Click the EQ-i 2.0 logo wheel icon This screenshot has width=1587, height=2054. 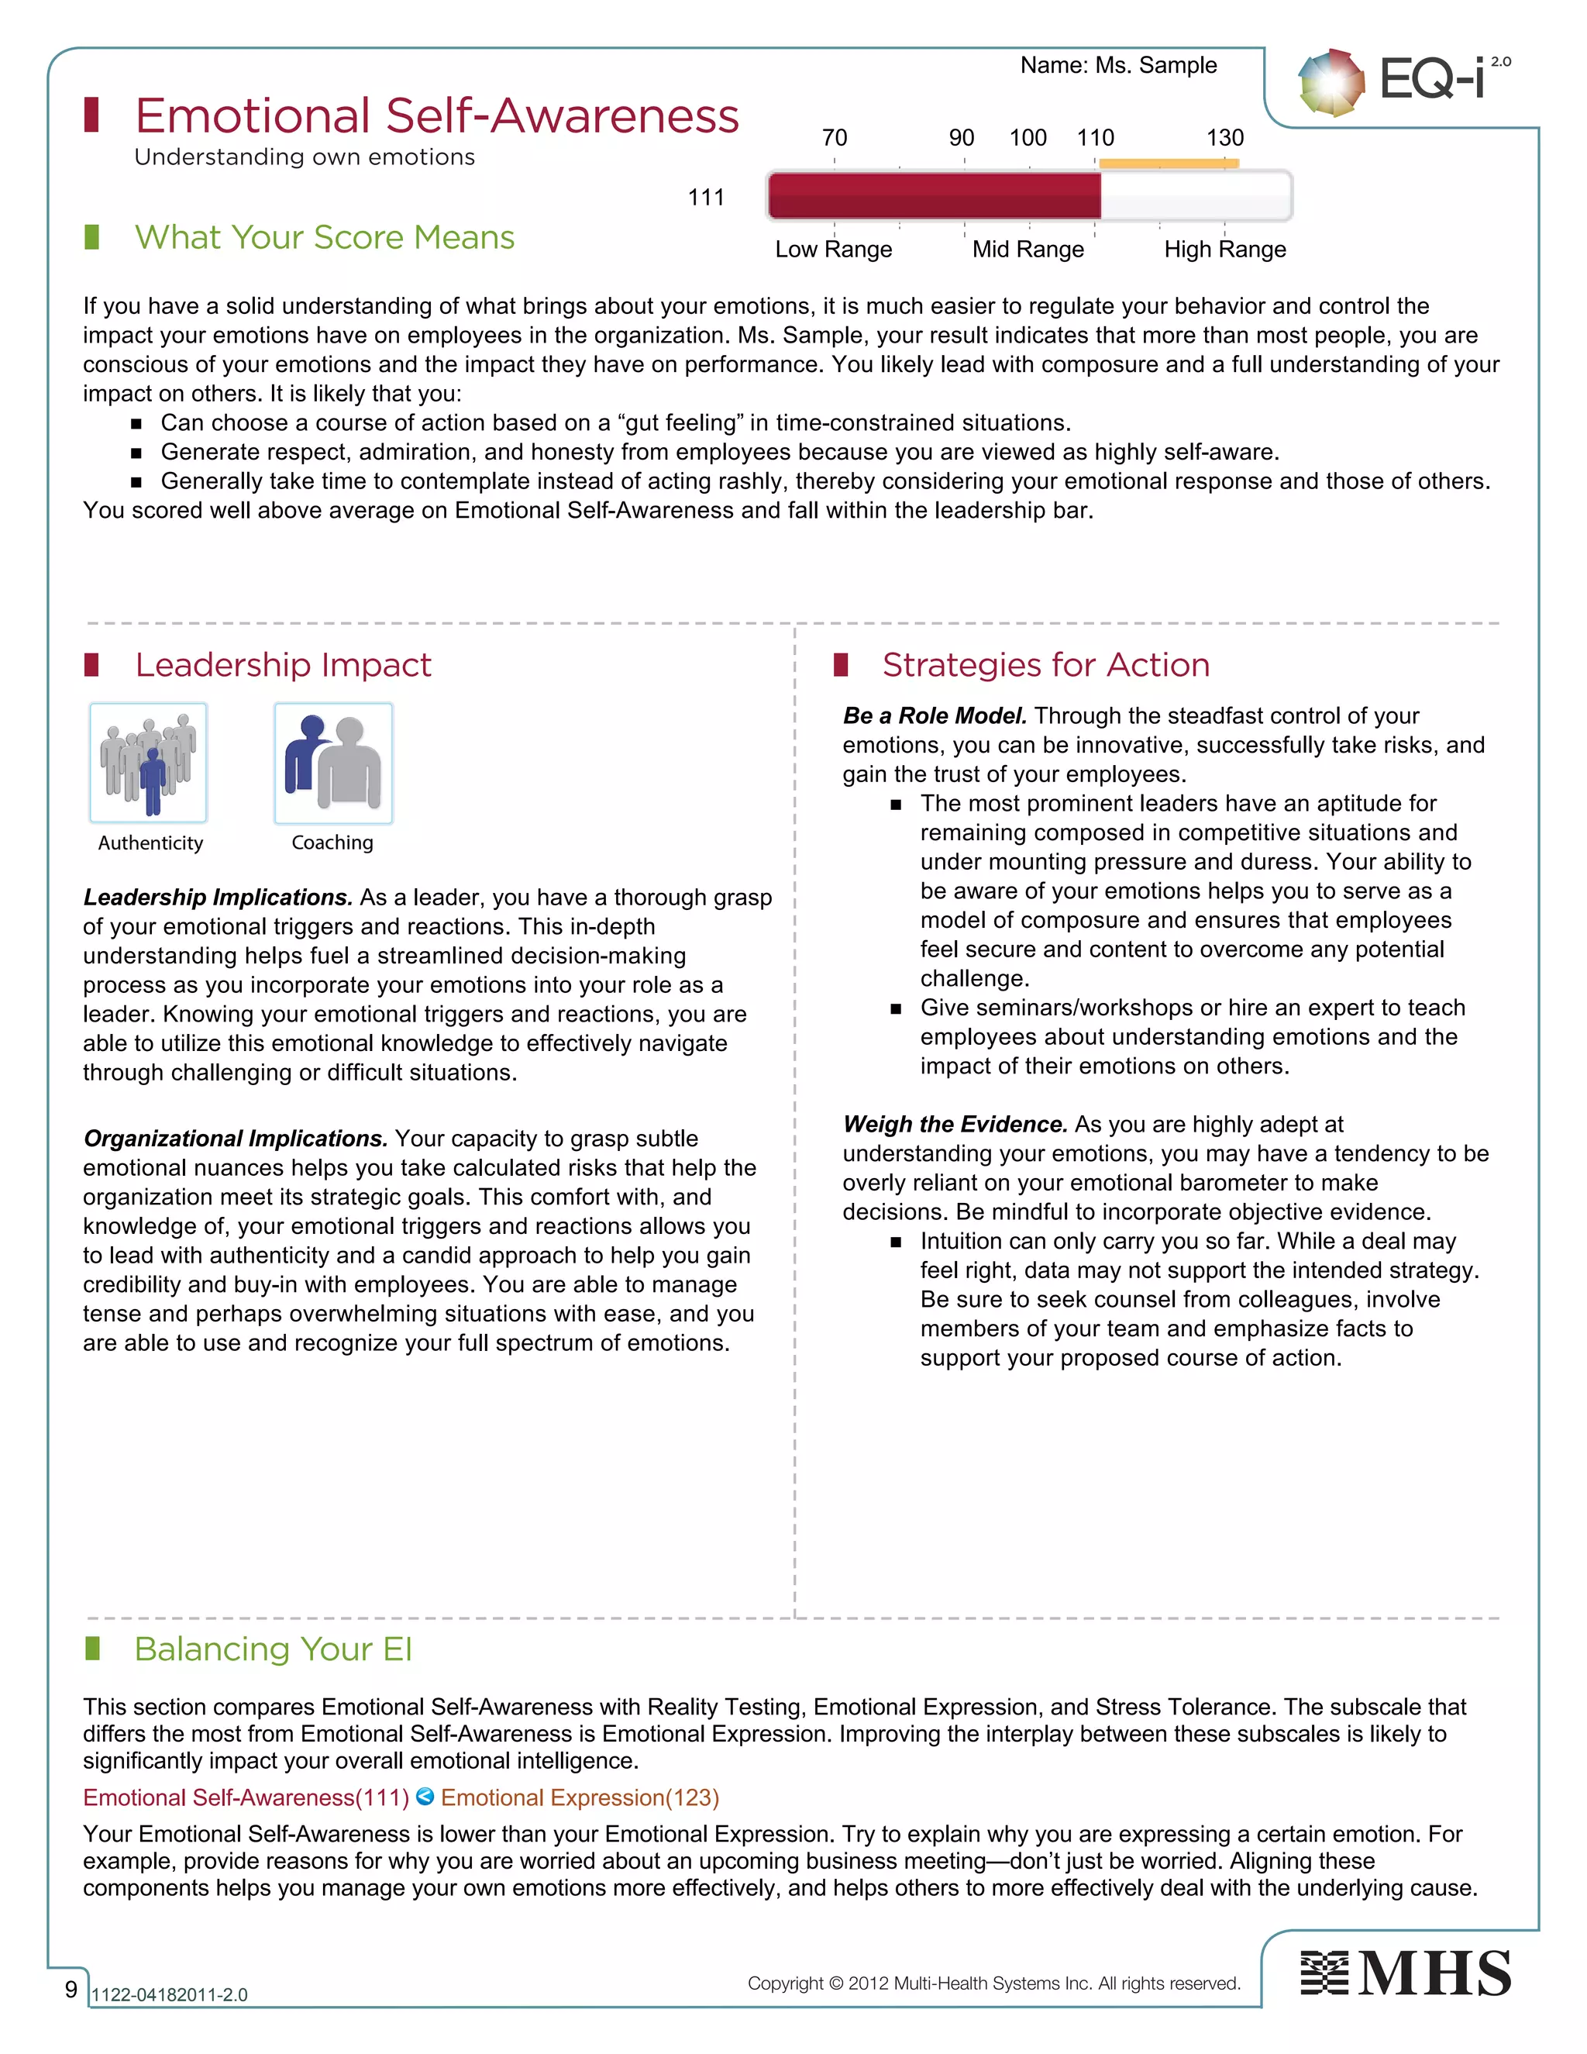click(1331, 83)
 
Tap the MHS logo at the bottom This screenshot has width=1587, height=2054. click(1406, 1973)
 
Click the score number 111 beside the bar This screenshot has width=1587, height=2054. click(706, 198)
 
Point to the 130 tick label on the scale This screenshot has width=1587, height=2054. click(1224, 138)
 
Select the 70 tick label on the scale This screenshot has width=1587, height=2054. click(834, 138)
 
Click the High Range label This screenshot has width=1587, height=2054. click(1224, 250)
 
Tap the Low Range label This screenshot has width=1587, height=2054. click(833, 250)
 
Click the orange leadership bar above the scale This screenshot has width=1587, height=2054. click(1168, 164)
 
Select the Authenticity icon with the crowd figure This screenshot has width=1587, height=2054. click(149, 763)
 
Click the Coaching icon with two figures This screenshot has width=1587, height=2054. click(332, 763)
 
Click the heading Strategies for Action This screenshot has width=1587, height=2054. click(1045, 665)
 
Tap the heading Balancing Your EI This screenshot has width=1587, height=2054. click(273, 1649)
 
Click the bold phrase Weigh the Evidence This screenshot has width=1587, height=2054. click(954, 1124)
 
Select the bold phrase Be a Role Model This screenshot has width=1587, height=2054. click(935, 715)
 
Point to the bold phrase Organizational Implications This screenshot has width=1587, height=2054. click(235, 1138)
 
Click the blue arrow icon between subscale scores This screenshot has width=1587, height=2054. click(425, 1797)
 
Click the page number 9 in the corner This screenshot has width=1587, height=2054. click(71, 1989)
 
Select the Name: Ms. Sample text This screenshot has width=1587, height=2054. click(1118, 65)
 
